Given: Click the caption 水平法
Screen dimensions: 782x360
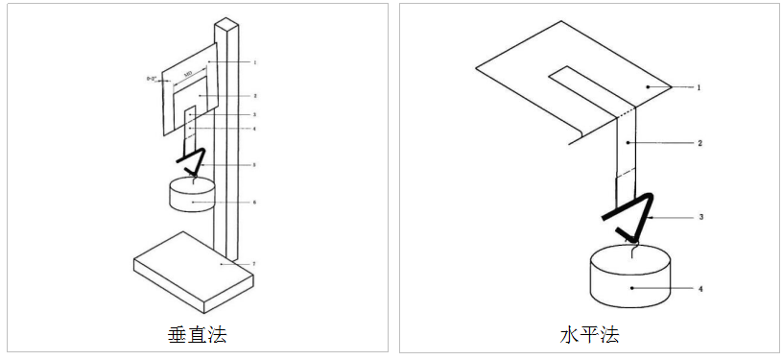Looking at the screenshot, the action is tap(589, 334).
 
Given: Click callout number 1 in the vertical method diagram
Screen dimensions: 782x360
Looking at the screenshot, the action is tap(254, 62).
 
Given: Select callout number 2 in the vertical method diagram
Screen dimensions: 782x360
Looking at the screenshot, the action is tap(254, 96).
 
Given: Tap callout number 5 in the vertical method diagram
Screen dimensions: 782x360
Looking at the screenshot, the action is tap(254, 165).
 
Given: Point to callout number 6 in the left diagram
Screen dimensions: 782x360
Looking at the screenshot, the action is tap(254, 202).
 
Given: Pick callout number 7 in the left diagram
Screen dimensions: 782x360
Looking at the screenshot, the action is tap(254, 262).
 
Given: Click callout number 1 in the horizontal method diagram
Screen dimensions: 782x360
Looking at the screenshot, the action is tap(699, 87).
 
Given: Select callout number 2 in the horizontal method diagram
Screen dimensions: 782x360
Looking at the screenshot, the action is tap(699, 142).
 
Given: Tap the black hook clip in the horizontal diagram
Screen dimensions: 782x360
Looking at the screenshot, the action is tap(633, 216).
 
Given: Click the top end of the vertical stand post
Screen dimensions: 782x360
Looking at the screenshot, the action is tap(226, 23).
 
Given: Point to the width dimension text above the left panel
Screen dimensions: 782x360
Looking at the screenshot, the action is tap(190, 73).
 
